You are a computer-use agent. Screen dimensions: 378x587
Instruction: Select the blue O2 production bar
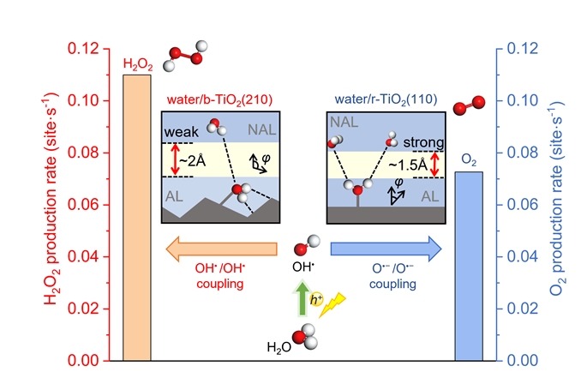(467, 266)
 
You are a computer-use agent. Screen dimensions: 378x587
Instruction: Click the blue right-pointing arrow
(386, 249)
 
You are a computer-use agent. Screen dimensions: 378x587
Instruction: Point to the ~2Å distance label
(200, 160)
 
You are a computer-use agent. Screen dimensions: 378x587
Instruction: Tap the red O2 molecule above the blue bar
(466, 105)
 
